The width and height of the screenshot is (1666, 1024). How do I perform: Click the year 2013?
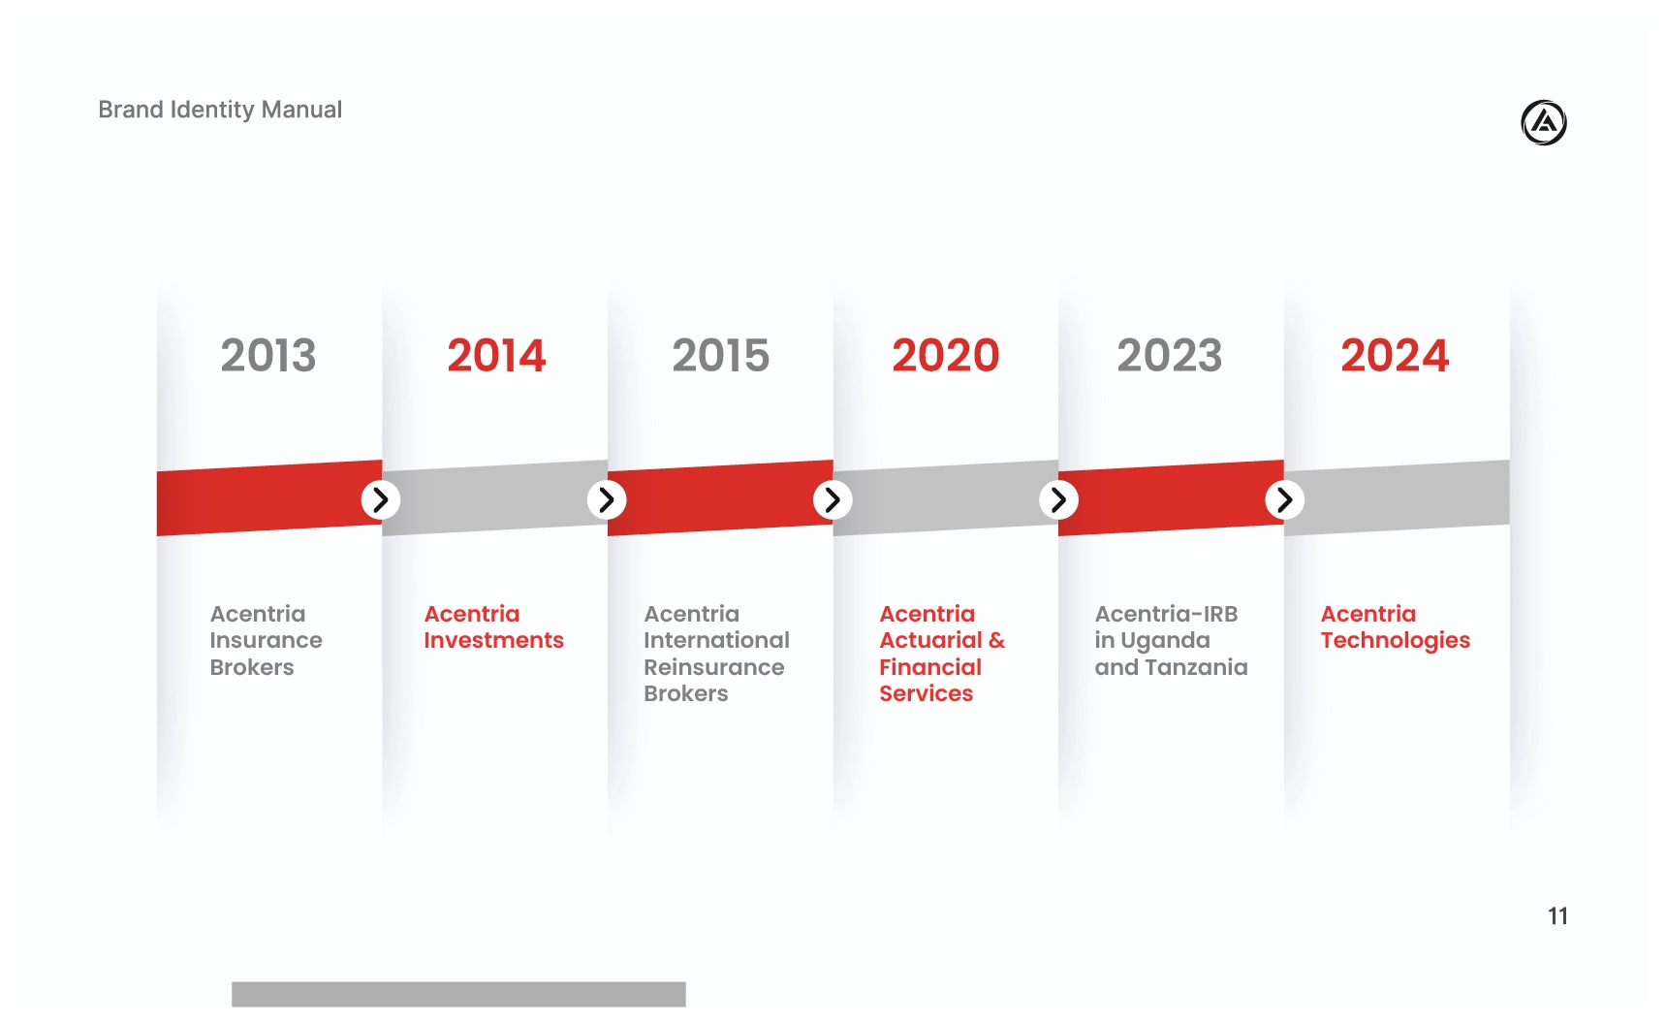pos(268,355)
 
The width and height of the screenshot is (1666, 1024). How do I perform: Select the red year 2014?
pos(496,355)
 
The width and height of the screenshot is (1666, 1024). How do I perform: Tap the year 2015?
pos(721,355)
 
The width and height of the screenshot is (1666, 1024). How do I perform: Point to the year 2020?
pos(946,355)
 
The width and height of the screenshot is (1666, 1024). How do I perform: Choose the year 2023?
pos(1170,355)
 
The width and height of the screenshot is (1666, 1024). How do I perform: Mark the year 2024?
pos(1395,355)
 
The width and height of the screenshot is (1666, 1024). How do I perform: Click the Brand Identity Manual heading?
pos(220,110)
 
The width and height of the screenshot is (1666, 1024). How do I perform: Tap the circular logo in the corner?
pos(1544,123)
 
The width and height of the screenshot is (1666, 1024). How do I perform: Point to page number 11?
pos(1557,916)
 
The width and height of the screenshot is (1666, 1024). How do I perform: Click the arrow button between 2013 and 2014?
pos(381,499)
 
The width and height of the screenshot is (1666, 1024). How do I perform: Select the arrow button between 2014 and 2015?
pos(607,499)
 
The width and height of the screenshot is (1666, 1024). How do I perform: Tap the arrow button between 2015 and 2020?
pos(833,499)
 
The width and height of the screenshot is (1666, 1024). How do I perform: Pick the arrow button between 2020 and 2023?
pos(1058,499)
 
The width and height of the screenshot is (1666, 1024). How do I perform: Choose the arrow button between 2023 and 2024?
pos(1284,499)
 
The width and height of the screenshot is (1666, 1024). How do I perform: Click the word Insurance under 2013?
pos(266,640)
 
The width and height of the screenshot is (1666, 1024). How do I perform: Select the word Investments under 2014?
pos(493,640)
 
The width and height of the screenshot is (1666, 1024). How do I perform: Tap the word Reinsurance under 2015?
pos(714,667)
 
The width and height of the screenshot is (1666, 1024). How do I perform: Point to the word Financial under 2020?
pos(930,667)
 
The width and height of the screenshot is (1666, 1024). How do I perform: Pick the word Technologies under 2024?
pos(1396,641)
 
